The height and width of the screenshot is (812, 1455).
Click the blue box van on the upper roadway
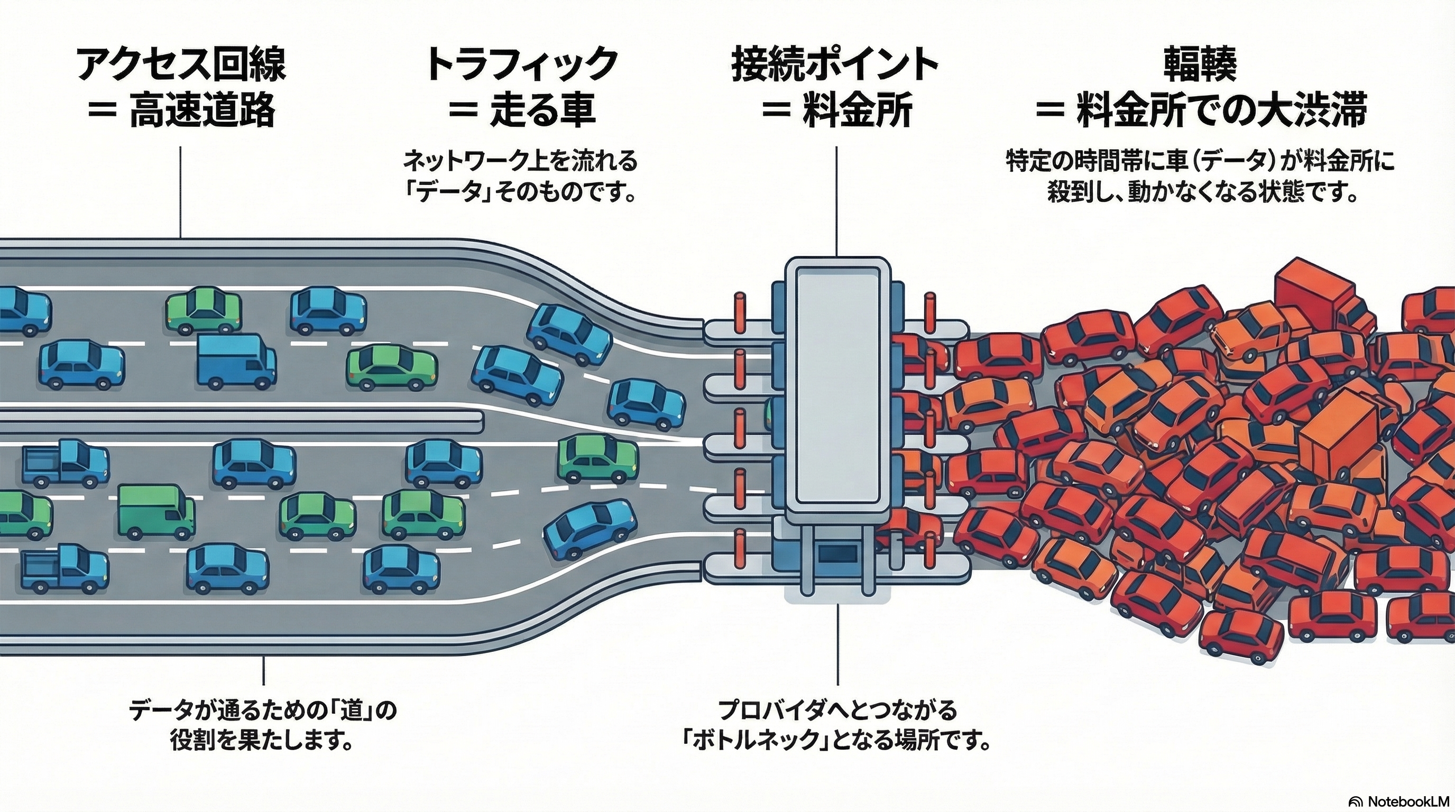[236, 359]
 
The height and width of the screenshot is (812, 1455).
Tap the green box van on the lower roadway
[155, 512]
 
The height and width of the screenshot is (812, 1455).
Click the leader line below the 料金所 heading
[836, 200]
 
